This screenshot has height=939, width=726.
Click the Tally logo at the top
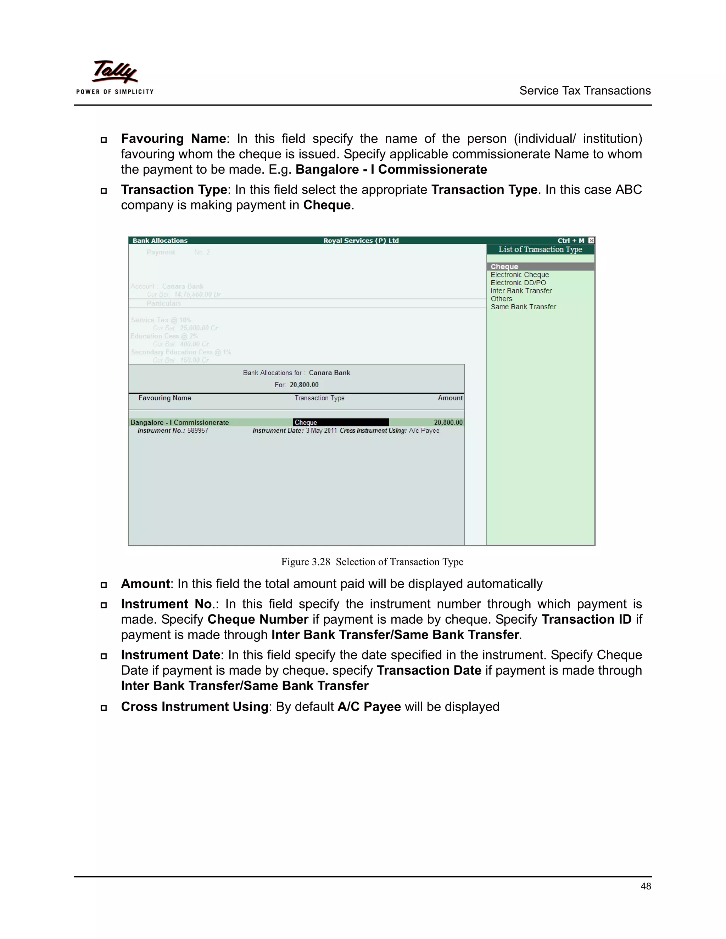pos(115,77)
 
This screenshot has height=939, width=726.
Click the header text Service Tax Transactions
pos(585,91)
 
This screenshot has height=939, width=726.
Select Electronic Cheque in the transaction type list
pos(520,275)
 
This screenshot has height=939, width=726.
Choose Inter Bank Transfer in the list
pos(521,291)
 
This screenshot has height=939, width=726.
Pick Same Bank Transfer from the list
pos(523,307)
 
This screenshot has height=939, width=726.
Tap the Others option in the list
pos(502,299)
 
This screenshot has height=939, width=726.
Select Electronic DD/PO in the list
pos(518,283)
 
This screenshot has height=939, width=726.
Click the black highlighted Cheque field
pos(340,423)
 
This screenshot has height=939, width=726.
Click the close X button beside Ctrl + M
pos(591,241)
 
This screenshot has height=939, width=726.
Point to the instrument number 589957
pos(198,431)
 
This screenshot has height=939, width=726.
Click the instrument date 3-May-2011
pos(321,431)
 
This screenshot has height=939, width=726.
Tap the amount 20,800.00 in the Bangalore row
pos(448,423)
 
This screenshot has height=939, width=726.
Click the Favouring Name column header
pos(165,398)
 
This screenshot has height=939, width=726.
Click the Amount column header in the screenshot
pos(450,398)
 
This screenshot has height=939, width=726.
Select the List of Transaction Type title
pos(540,249)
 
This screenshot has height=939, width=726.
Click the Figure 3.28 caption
pos(372,562)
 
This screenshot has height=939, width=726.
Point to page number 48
pos(646,886)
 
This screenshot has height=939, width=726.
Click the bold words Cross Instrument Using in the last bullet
pos(194,707)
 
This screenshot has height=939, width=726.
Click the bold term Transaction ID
pos(586,619)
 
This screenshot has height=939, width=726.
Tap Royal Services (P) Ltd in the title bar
pos(361,241)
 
